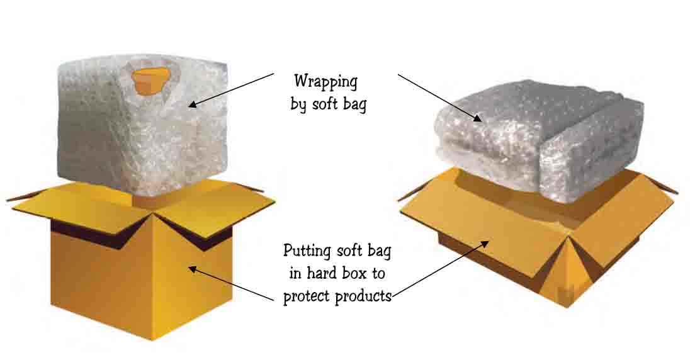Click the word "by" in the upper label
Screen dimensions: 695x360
click(298, 104)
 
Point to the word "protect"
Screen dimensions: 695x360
click(307, 296)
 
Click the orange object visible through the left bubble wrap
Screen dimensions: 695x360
click(151, 78)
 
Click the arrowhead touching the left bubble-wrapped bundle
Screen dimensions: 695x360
click(193, 104)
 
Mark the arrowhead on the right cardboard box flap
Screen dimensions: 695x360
click(486, 242)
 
